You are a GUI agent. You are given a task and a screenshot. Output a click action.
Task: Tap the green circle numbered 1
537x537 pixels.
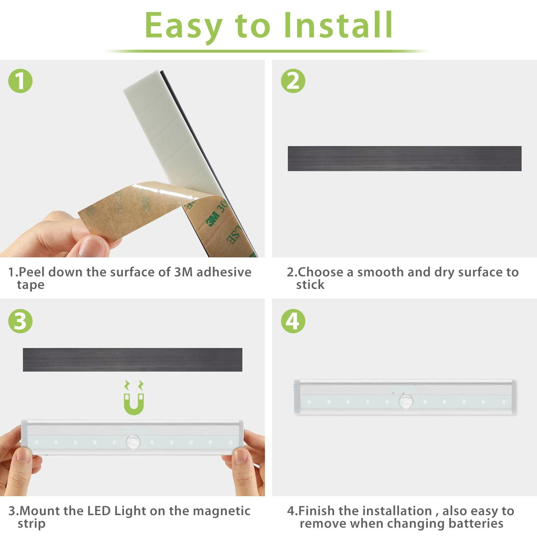click(x=20, y=81)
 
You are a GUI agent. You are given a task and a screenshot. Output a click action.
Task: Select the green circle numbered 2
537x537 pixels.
click(x=293, y=81)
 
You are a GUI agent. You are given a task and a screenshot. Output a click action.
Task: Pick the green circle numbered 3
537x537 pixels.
click(x=20, y=321)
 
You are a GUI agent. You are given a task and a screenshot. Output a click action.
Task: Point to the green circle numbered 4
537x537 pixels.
click(x=293, y=321)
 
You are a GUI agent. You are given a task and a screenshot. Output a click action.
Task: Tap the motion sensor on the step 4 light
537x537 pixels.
click(x=406, y=401)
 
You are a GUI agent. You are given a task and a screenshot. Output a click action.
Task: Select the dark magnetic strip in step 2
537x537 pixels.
click(x=405, y=158)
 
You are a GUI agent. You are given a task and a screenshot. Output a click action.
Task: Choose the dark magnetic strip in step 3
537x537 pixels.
click(x=132, y=359)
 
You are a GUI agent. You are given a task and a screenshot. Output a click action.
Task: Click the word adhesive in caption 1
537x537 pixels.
click(x=224, y=272)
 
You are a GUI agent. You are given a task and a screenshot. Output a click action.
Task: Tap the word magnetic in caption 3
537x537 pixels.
click(x=222, y=511)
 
